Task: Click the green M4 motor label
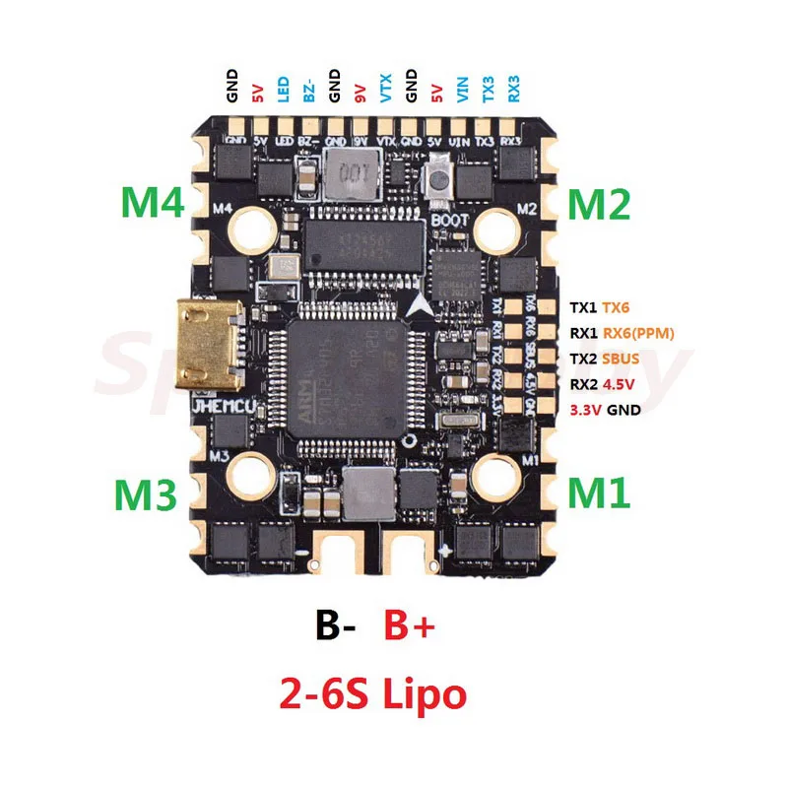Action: click(153, 205)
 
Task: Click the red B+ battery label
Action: click(408, 626)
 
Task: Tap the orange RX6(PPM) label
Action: click(638, 333)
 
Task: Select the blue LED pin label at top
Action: click(282, 90)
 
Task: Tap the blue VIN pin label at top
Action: click(462, 91)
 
